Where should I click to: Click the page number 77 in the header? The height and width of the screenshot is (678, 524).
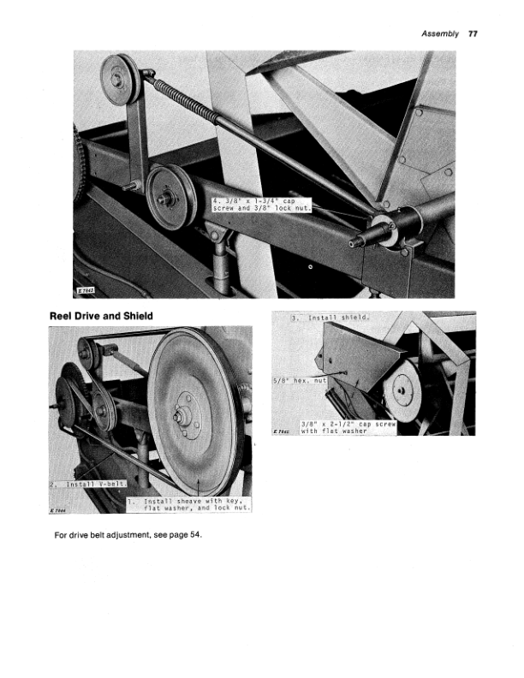tap(473, 35)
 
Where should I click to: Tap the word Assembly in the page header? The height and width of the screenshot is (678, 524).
tap(442, 35)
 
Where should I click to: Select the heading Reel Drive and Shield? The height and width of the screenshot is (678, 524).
tap(101, 317)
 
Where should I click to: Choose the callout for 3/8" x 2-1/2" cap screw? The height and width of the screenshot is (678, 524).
tap(348, 426)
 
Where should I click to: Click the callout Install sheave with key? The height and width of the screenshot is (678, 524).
tap(186, 503)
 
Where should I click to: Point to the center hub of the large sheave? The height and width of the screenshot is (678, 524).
tap(186, 418)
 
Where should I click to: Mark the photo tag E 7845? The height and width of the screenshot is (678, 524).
tap(283, 431)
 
